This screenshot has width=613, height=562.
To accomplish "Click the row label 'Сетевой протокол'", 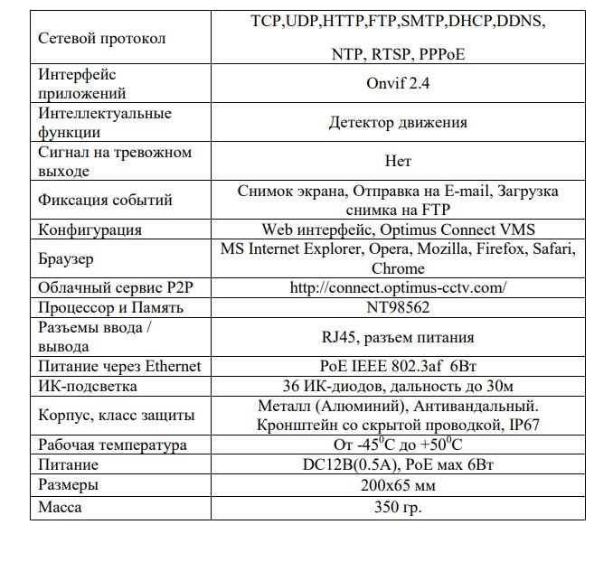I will [102, 39].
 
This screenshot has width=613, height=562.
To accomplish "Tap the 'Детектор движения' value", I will [398, 123].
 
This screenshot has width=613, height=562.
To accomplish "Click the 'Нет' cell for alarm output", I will [398, 162].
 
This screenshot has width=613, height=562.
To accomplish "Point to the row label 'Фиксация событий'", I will [105, 200].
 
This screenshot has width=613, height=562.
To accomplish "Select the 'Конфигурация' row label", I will [90, 229].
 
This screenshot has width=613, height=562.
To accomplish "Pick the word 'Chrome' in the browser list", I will [398, 268].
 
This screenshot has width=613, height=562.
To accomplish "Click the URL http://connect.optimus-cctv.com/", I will [398, 288].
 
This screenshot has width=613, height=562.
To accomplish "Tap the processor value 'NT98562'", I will [398, 307].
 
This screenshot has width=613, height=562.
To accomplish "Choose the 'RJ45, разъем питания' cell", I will [398, 337].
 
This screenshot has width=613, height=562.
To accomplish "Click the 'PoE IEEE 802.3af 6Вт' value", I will [398, 366].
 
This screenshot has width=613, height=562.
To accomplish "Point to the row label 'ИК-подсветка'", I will [88, 386].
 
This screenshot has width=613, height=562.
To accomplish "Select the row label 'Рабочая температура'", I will [112, 445].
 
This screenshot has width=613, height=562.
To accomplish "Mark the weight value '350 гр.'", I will [398, 506].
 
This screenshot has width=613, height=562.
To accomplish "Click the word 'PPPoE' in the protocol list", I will [440, 54].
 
